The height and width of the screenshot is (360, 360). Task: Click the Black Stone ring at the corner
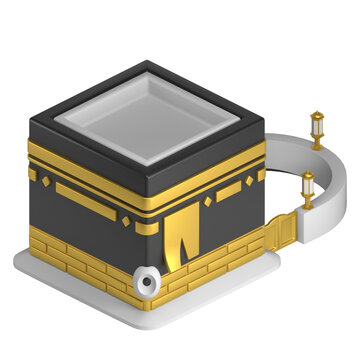tap(150, 282)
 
